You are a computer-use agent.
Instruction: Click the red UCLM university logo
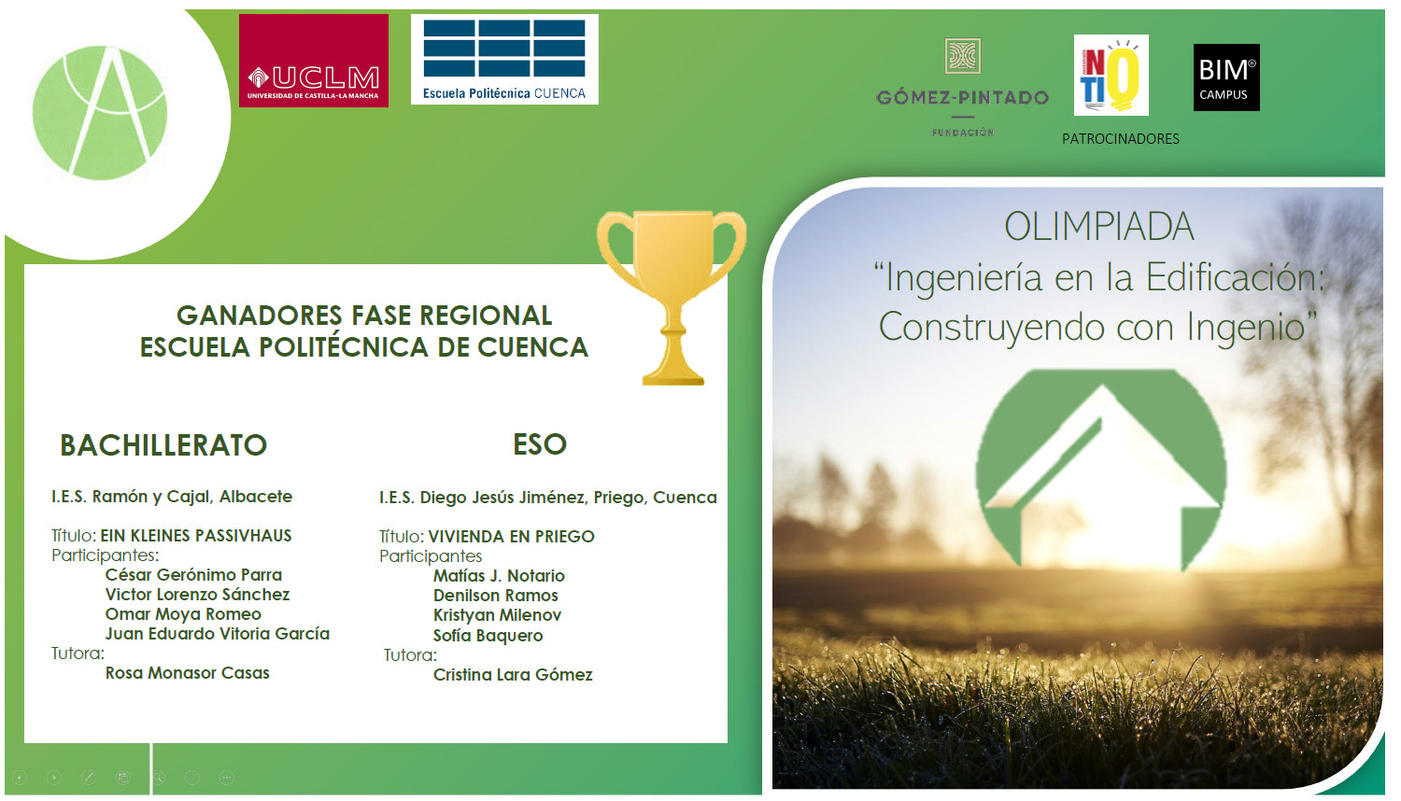pyautogui.click(x=313, y=61)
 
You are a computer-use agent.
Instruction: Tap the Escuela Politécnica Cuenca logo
pyautogui.click(x=504, y=59)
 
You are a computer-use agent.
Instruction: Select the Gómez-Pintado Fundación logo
pyautogui.click(x=962, y=89)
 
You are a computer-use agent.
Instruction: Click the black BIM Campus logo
pyautogui.click(x=1225, y=77)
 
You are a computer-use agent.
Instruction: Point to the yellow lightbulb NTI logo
pyautogui.click(x=1111, y=75)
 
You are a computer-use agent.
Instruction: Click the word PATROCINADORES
pyautogui.click(x=1120, y=139)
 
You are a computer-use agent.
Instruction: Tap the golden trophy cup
pyautogui.click(x=672, y=294)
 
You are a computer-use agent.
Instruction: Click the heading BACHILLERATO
pyautogui.click(x=163, y=445)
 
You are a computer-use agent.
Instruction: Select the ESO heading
pyautogui.click(x=540, y=444)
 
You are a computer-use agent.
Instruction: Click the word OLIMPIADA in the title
pyautogui.click(x=1098, y=227)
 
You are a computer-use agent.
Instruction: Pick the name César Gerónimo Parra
pyautogui.click(x=193, y=575)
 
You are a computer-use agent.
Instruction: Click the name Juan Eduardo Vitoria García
pyautogui.click(x=218, y=634)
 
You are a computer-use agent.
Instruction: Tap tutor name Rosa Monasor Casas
pyautogui.click(x=187, y=673)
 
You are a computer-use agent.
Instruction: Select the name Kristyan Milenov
pyautogui.click(x=497, y=615)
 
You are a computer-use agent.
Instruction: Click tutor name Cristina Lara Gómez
pyautogui.click(x=513, y=675)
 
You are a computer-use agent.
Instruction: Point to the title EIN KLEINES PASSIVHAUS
pyautogui.click(x=196, y=536)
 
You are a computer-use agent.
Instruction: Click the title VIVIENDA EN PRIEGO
pyautogui.click(x=511, y=537)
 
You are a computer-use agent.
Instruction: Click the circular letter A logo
pyautogui.click(x=100, y=112)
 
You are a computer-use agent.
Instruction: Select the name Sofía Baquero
pyautogui.click(x=488, y=636)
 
